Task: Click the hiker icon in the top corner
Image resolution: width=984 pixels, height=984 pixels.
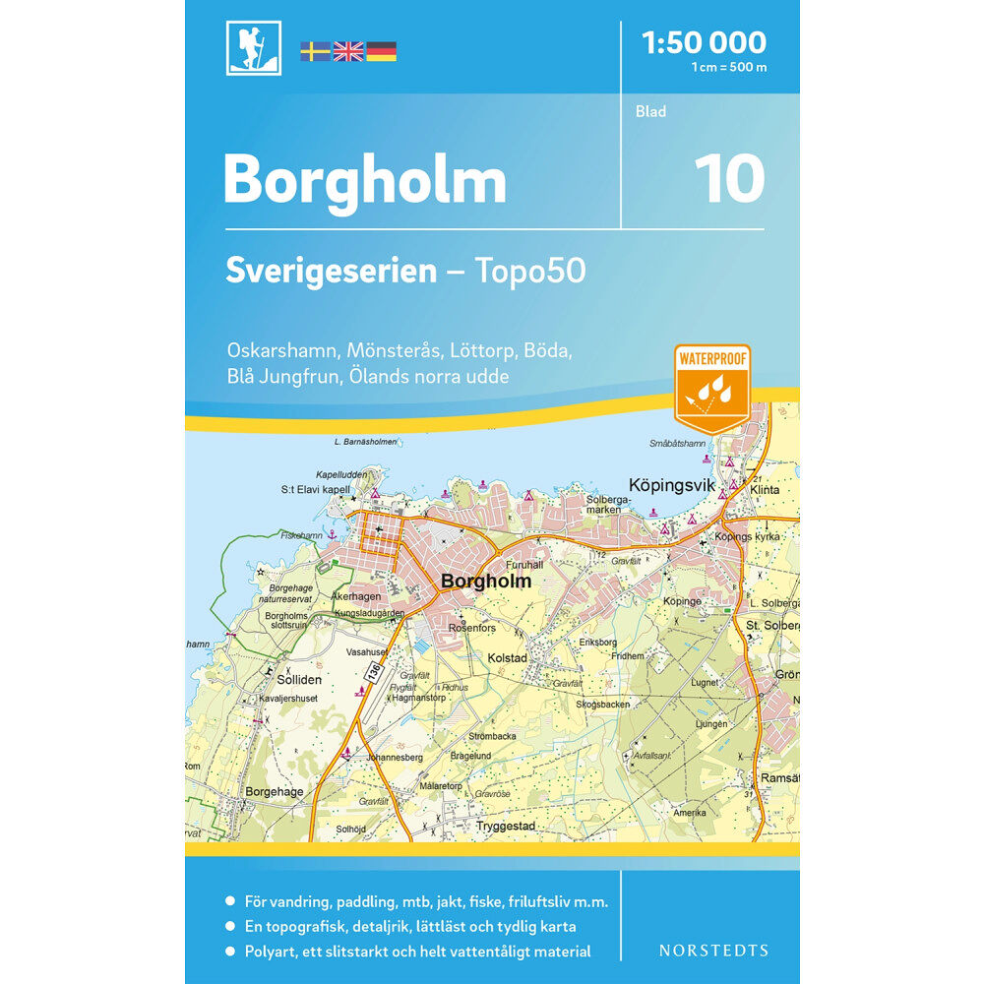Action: (x=254, y=48)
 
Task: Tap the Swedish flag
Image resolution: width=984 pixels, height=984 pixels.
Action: (x=315, y=51)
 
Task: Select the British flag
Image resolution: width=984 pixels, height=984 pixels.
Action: (x=348, y=51)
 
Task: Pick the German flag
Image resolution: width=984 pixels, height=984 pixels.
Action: (x=382, y=51)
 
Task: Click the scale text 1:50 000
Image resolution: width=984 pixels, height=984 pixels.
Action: (x=703, y=42)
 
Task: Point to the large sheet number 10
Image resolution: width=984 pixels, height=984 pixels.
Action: (x=729, y=179)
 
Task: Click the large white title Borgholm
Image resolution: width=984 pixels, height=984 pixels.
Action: (x=365, y=181)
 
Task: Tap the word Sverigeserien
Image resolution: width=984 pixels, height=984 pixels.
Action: (x=331, y=271)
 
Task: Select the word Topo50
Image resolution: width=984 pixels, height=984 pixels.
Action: (x=532, y=271)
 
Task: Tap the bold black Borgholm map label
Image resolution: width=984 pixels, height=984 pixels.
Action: (x=486, y=582)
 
